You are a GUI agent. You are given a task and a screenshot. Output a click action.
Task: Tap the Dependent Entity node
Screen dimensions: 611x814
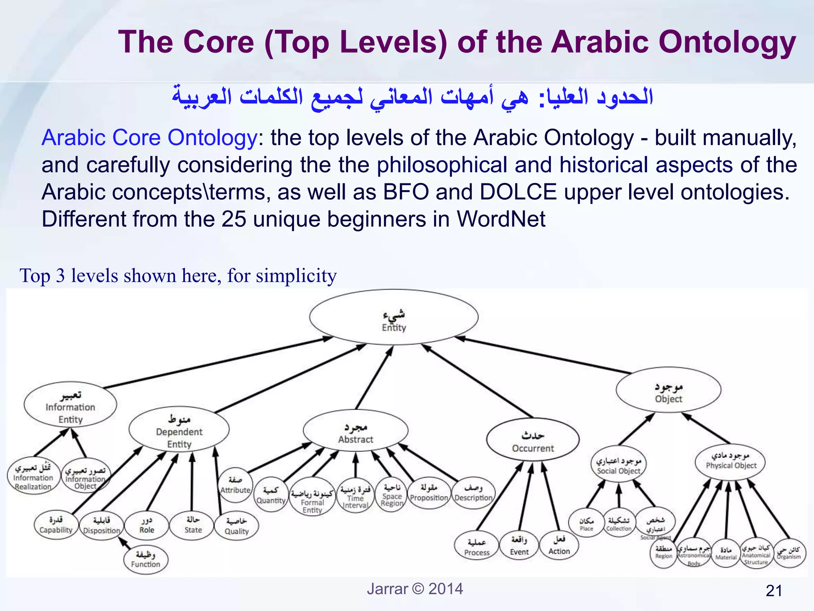(x=179, y=430)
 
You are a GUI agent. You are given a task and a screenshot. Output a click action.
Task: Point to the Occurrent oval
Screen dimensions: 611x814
(x=533, y=440)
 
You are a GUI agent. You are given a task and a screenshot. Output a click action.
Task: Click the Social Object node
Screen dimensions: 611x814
(x=618, y=464)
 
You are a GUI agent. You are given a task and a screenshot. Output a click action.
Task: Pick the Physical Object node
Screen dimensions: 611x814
(x=731, y=461)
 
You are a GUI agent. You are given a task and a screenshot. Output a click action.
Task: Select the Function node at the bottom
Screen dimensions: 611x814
(x=145, y=559)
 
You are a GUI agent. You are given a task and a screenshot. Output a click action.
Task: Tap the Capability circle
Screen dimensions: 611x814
(x=56, y=525)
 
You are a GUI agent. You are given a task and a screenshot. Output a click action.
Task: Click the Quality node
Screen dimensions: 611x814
(x=236, y=526)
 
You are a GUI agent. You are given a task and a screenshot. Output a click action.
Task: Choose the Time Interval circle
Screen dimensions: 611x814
(x=355, y=495)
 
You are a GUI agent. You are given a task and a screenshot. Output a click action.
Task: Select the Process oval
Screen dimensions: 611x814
(x=477, y=547)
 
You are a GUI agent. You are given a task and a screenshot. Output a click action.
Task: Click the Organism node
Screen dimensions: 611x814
(x=789, y=553)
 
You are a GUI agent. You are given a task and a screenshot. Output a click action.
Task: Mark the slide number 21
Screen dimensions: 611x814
(x=773, y=591)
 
